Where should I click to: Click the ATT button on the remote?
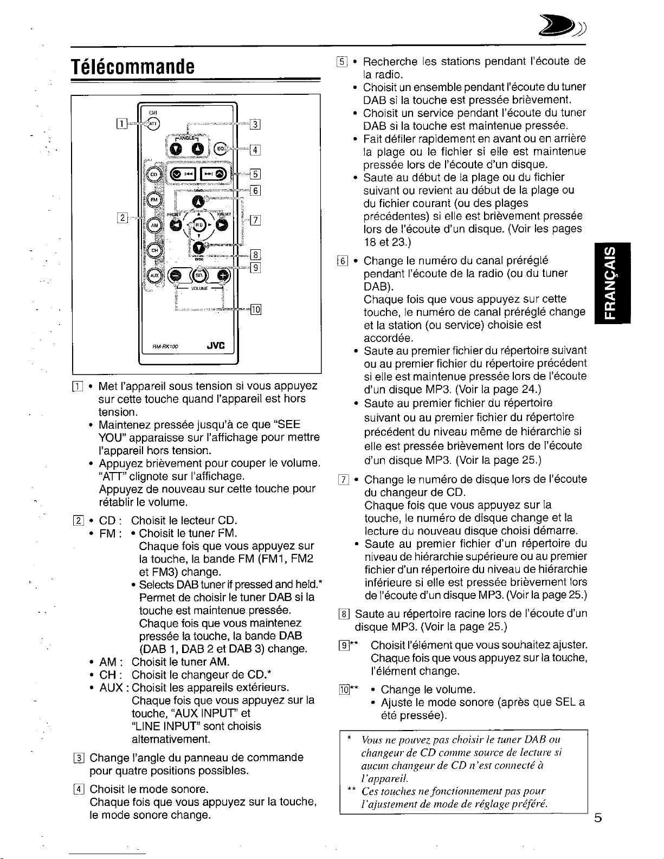click(x=153, y=123)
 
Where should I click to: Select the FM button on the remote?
click(x=154, y=199)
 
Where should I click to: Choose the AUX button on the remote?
click(x=154, y=275)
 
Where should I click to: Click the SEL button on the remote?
click(x=198, y=275)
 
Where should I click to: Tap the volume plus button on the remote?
click(x=223, y=275)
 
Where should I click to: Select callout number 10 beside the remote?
click(x=256, y=309)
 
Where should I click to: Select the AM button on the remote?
click(x=154, y=224)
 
